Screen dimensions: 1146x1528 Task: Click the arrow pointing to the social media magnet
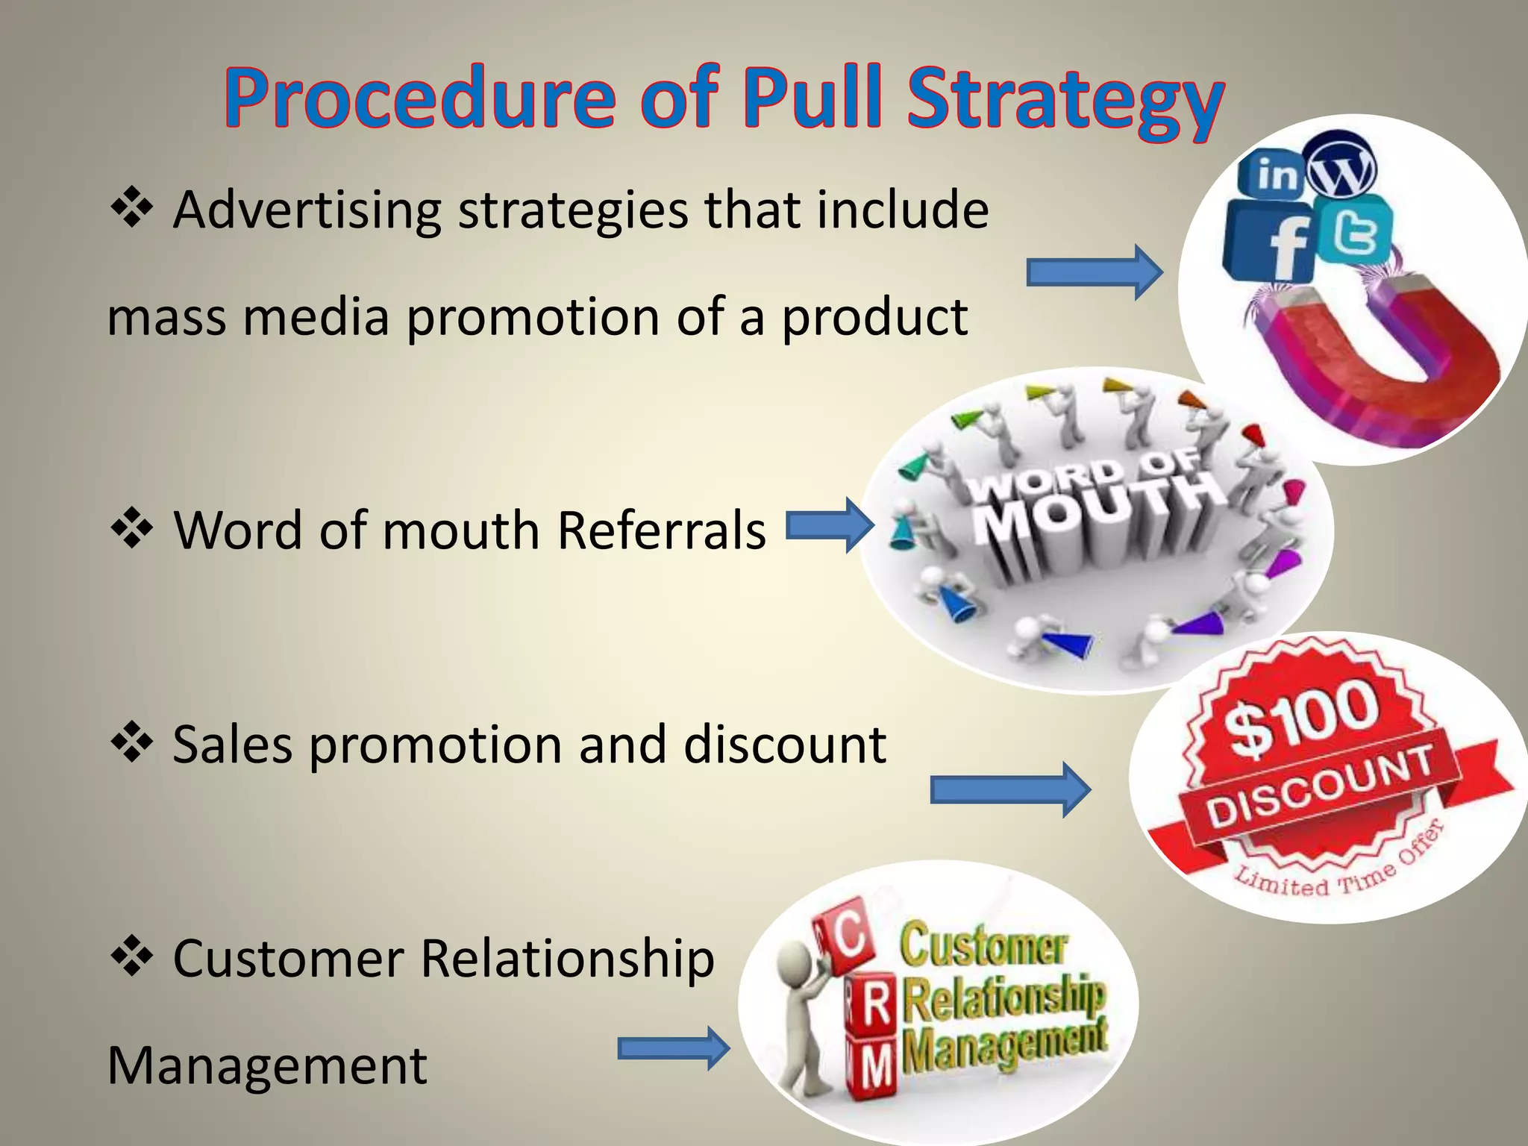point(1094,272)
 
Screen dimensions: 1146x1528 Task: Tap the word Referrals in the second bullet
point(661,531)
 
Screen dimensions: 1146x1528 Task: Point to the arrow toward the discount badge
point(1009,789)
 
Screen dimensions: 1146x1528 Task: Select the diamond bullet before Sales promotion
point(132,742)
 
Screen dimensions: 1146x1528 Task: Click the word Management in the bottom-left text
point(267,1065)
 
